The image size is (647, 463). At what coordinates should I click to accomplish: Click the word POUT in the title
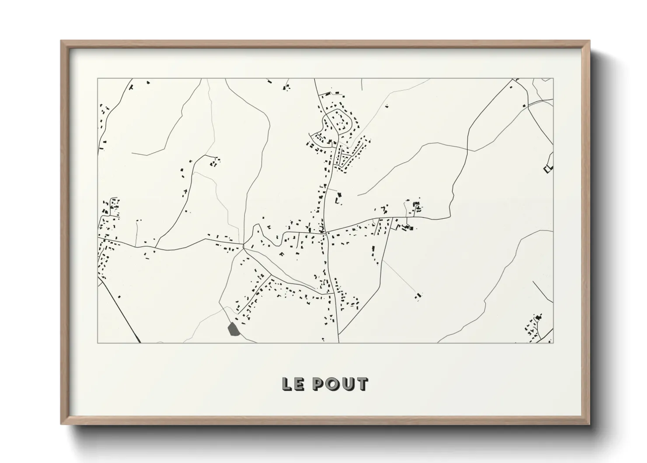340,384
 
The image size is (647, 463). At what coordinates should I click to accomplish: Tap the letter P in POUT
318,384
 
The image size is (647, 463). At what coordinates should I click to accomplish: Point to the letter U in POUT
347,384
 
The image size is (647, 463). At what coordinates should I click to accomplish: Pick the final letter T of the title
362,384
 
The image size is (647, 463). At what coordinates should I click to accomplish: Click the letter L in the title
287,384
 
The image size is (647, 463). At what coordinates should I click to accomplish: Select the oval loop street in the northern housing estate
338,123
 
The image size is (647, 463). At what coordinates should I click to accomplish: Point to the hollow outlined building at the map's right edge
548,168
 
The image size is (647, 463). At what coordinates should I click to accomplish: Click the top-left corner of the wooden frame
62,42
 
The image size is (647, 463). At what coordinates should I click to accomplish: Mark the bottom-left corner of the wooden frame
62,424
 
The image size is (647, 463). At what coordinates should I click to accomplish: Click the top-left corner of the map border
98,79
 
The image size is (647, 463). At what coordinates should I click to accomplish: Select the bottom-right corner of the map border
553,343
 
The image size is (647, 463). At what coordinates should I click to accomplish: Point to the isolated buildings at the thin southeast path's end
418,296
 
